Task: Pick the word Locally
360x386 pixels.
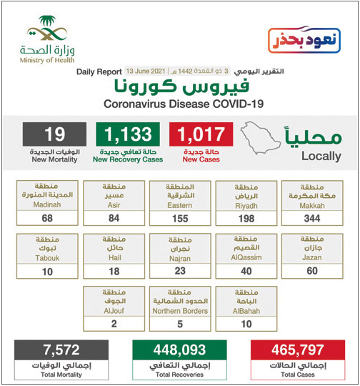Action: pyautogui.click(x=321, y=156)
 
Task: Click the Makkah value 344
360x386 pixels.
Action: pyautogui.click(x=311, y=217)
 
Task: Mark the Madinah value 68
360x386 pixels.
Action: pyautogui.click(x=49, y=217)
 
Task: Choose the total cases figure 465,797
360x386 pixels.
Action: pyautogui.click(x=294, y=350)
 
